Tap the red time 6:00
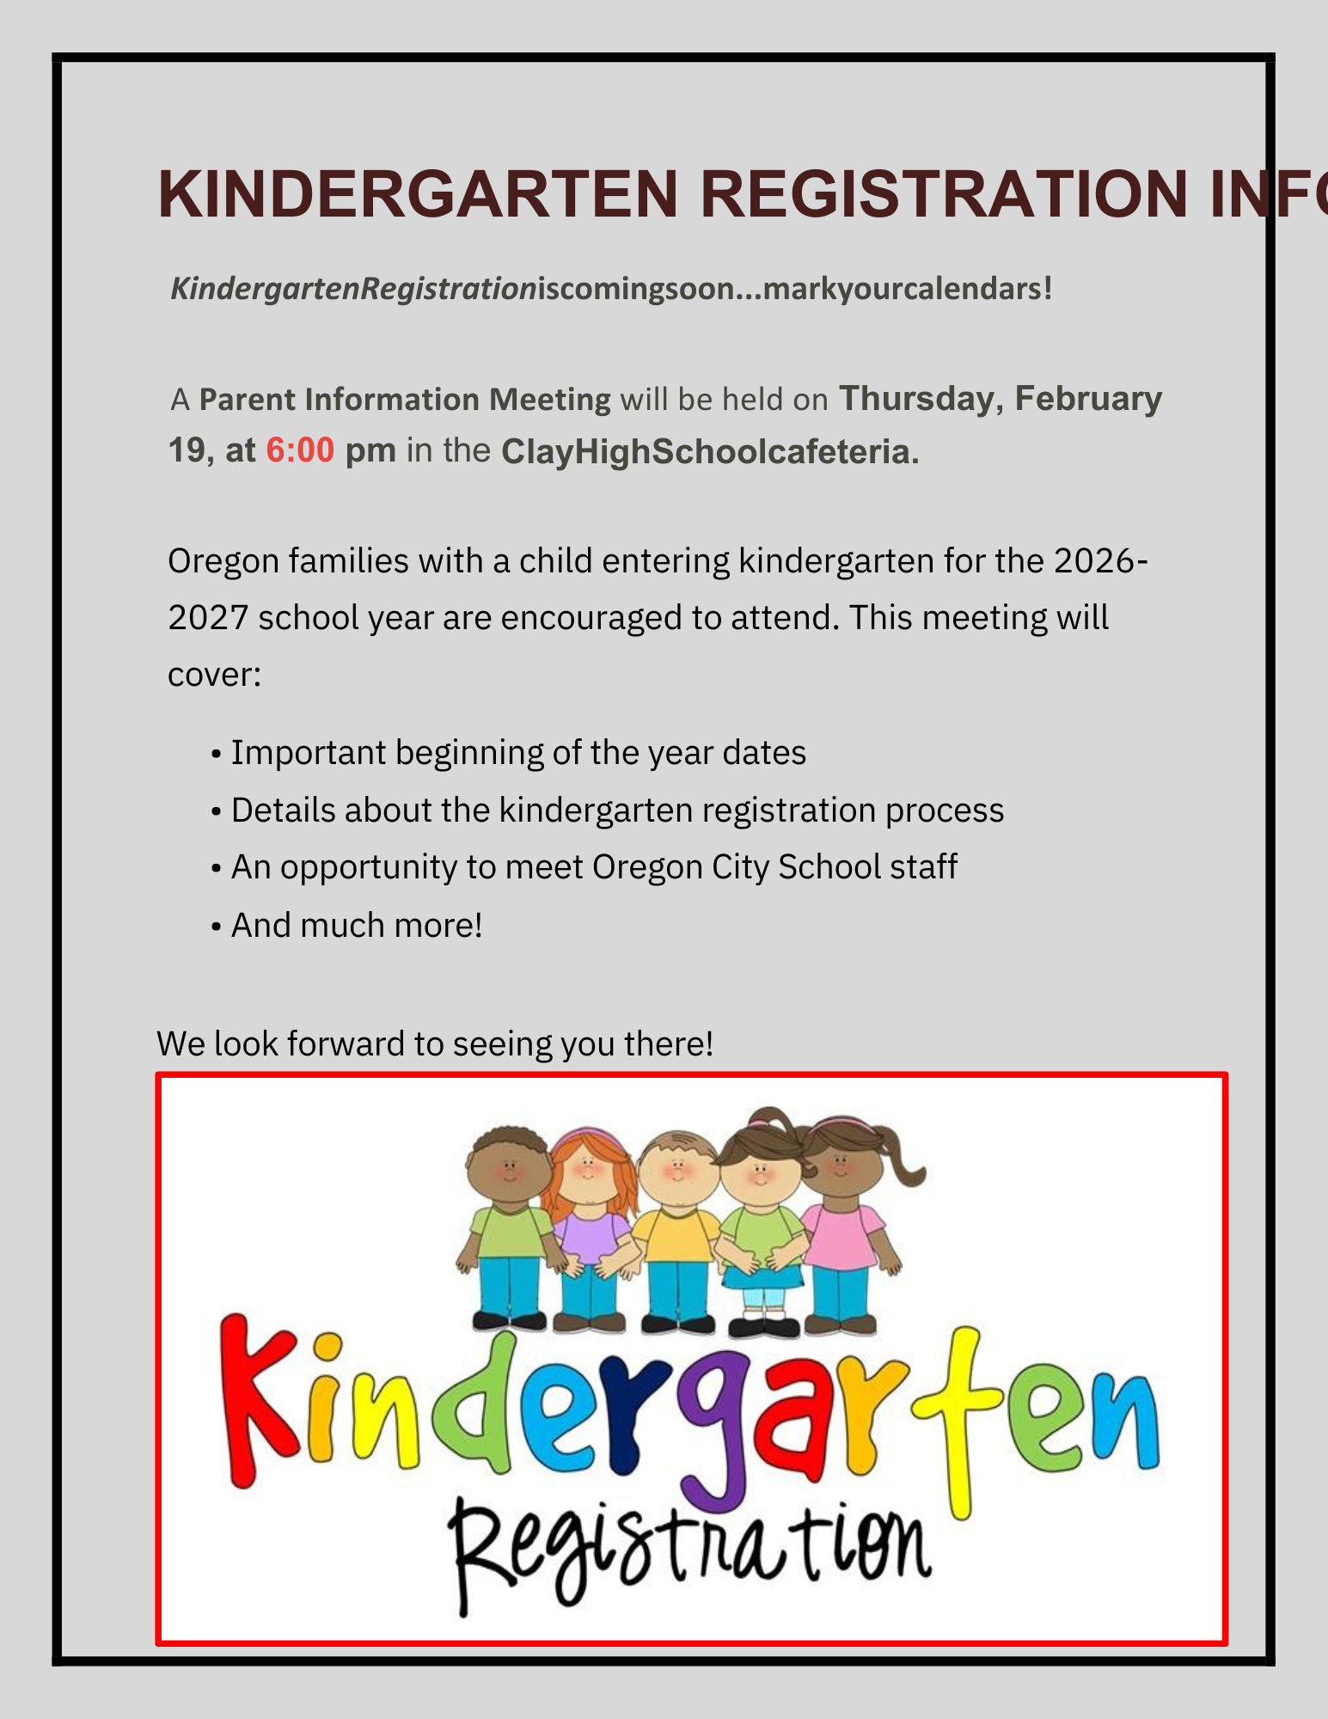pos(299,450)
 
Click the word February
pos(1088,399)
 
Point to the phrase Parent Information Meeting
pos(405,400)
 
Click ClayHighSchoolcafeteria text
pos(710,452)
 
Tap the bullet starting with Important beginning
pos(517,753)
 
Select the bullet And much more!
pos(356,926)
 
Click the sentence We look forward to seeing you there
pos(435,1043)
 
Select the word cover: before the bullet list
pos(214,675)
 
